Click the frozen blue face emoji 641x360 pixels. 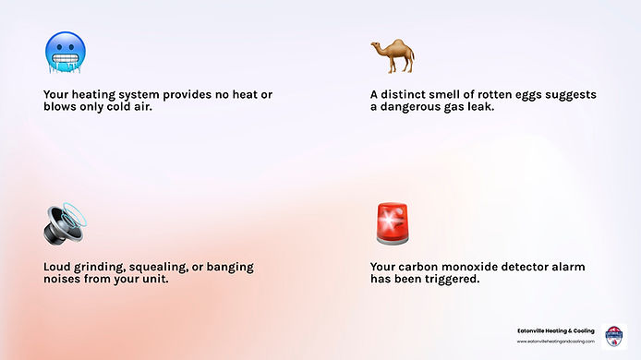pyautogui.click(x=65, y=53)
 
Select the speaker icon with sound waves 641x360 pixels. pyautogui.click(x=64, y=224)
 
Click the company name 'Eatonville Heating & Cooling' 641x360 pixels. pyautogui.click(x=555, y=330)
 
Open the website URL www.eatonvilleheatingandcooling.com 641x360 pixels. pyautogui.click(x=555, y=341)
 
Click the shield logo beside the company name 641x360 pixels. pyautogui.click(x=613, y=335)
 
